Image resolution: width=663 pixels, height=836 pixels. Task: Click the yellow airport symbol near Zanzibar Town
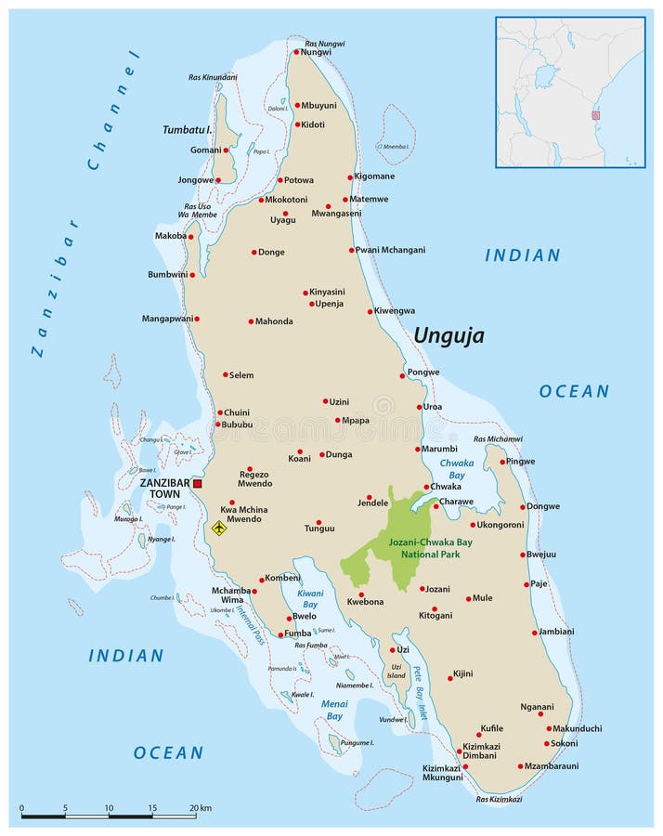(219, 528)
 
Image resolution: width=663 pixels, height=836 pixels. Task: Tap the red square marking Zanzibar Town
(197, 483)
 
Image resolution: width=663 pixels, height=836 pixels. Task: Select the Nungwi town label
(318, 52)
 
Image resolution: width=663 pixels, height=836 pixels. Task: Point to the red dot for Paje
(526, 584)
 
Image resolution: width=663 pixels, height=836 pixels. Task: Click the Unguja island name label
(448, 335)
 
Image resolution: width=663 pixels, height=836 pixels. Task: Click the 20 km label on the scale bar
(200, 808)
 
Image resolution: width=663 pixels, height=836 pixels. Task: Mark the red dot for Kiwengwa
(370, 311)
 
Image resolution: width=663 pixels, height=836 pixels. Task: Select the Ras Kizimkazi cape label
(498, 799)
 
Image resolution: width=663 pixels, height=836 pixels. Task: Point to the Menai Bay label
(334, 710)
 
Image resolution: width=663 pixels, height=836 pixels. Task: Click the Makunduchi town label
(578, 728)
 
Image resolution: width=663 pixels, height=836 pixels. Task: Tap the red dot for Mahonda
(251, 321)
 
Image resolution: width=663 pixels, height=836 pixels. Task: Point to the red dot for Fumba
(280, 635)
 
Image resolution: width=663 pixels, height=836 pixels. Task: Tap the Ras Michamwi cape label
(498, 438)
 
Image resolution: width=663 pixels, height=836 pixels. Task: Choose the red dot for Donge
(253, 252)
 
